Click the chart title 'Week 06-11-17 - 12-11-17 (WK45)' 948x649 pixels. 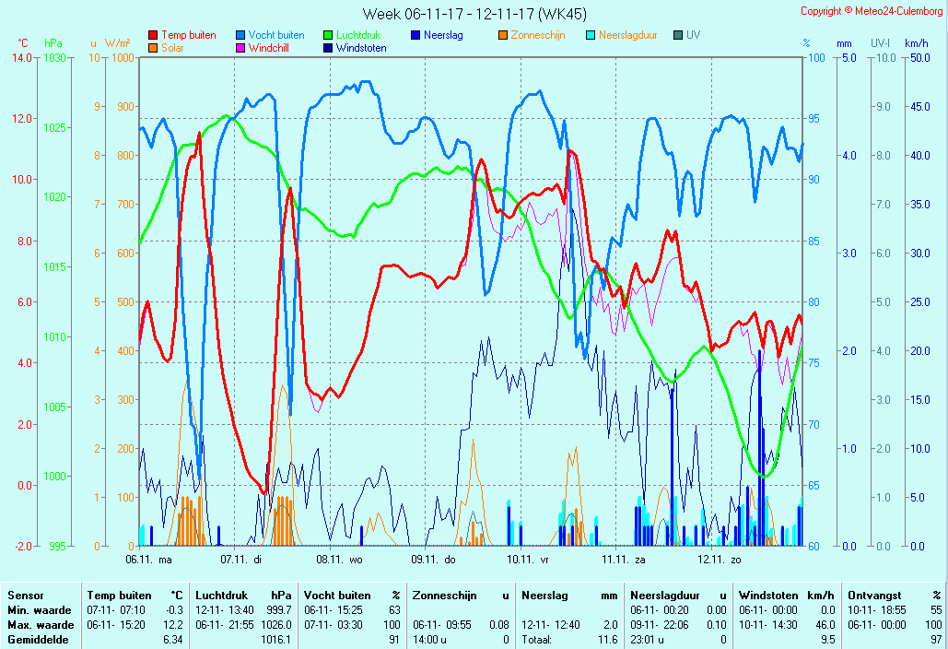pyautogui.click(x=474, y=14)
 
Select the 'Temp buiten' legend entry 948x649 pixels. pyautogui.click(x=188, y=35)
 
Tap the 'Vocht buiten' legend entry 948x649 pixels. pyautogui.click(x=275, y=35)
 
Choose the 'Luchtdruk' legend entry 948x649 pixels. pyautogui.click(x=357, y=35)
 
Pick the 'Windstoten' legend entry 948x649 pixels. pyautogui.click(x=360, y=48)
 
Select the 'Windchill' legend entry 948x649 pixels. pyautogui.click(x=273, y=48)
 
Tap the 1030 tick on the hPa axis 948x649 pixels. pyautogui.click(x=55, y=58)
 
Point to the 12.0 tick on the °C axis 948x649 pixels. pyautogui.click(x=22, y=119)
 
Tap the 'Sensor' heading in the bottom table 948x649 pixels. pyautogui.click(x=25, y=596)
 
